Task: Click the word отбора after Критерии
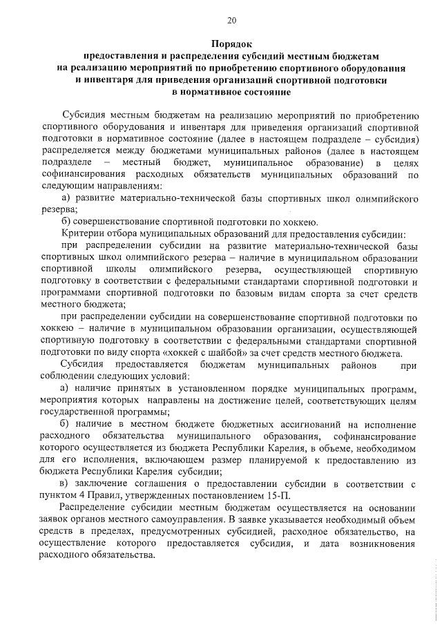coord(119,234)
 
